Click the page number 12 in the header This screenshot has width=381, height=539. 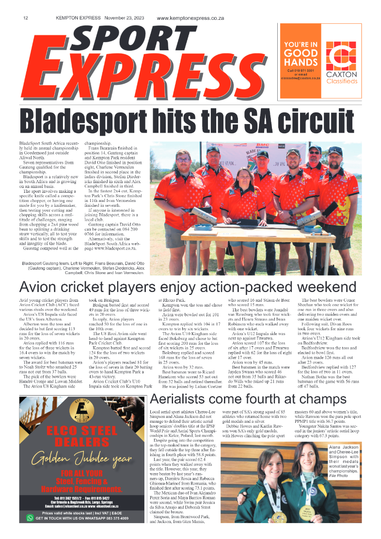[25, 18]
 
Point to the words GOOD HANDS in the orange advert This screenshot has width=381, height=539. [301, 58]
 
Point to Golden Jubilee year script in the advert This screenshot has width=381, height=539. [81, 459]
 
